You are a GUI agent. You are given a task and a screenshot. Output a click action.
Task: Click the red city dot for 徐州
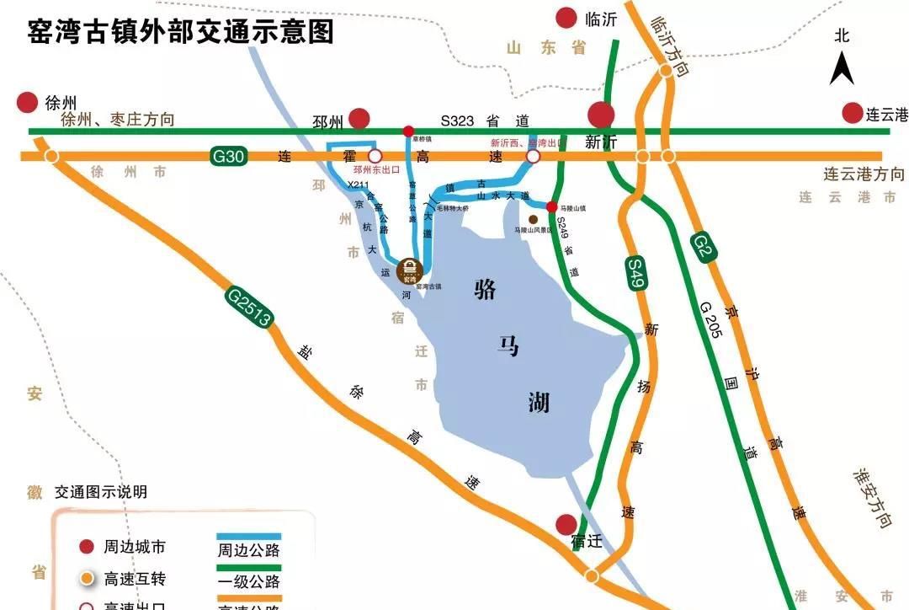[28, 103]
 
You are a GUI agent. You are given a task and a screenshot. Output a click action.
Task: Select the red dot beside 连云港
[853, 113]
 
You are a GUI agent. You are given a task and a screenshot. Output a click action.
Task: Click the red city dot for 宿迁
[567, 524]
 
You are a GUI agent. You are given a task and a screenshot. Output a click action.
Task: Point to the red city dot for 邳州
[360, 119]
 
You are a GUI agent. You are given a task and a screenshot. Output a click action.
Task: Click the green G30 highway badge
[228, 156]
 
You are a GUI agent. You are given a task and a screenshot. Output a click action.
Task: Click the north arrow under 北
[842, 67]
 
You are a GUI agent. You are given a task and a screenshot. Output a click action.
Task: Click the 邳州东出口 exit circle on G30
[375, 156]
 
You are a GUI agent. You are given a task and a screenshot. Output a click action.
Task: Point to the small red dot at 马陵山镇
[551, 206]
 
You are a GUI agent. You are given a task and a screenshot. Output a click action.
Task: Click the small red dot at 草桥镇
[408, 131]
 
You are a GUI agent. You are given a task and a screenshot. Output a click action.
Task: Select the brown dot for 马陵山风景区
[533, 219]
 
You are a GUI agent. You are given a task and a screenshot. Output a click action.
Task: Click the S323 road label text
[463, 120]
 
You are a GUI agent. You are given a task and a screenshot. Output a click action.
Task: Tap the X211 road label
[359, 185]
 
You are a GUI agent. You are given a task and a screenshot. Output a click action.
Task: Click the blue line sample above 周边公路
[248, 536]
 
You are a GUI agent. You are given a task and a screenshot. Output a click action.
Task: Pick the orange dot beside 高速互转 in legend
[85, 579]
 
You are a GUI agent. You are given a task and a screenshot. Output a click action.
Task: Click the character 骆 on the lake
[486, 292]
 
